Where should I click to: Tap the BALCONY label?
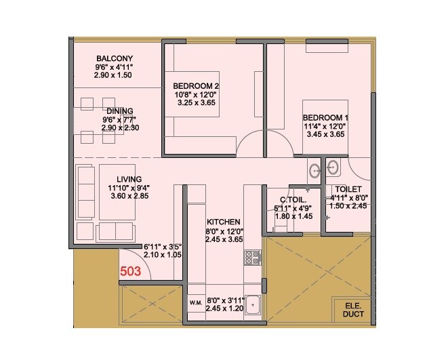[x=113, y=58]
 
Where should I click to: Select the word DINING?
[x=119, y=111]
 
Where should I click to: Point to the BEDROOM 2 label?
[x=196, y=86]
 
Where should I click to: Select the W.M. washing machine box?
[x=196, y=302]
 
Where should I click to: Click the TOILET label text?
[x=348, y=189]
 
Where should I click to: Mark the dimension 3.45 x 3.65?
[x=325, y=134]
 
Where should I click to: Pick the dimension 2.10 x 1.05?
[x=163, y=256]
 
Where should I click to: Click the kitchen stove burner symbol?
[x=253, y=257]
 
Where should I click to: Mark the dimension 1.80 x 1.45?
[x=292, y=217]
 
